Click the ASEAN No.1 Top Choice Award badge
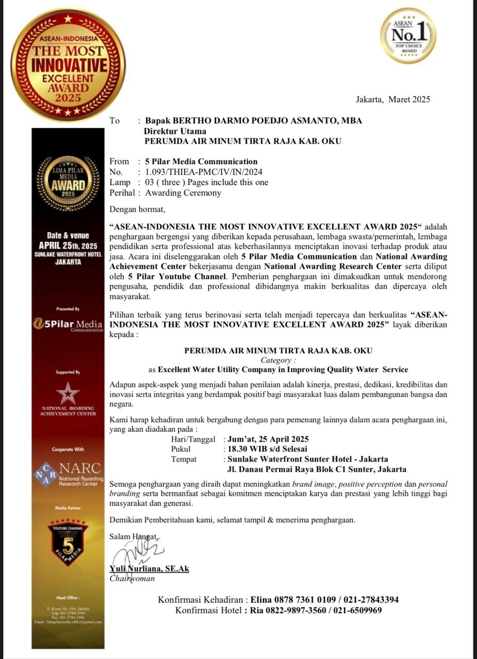point(408,36)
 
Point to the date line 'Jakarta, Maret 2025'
point(393,99)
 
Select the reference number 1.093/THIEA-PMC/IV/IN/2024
point(208,172)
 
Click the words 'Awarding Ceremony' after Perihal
point(183,193)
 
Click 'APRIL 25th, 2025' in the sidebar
point(68,245)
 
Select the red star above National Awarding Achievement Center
point(68,392)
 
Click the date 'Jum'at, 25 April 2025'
point(268,439)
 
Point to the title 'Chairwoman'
point(132,578)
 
